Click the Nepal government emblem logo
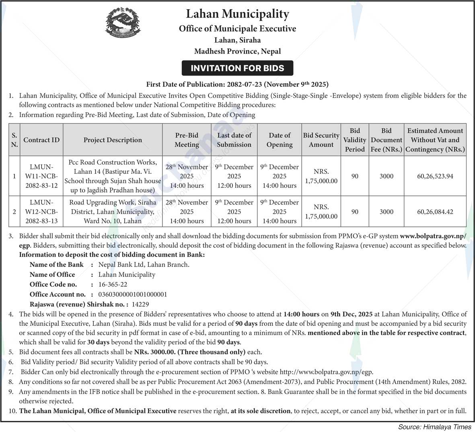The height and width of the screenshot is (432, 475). tap(123, 23)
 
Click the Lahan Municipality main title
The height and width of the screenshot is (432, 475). tap(237, 14)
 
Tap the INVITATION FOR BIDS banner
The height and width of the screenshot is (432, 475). tap(237, 68)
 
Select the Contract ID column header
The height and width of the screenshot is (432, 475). tap(41, 140)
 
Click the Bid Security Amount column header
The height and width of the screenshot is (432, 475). tap(321, 140)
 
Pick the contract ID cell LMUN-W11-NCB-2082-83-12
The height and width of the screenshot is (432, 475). tap(41, 176)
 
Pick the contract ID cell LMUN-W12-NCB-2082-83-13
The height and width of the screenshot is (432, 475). tap(41, 212)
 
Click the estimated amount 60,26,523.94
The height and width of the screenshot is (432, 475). tap(435, 176)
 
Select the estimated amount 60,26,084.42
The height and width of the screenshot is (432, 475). tap(435, 212)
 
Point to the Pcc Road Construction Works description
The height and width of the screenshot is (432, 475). tap(113, 176)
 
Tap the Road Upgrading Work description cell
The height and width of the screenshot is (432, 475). tap(113, 212)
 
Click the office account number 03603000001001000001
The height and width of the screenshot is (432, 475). tap(133, 294)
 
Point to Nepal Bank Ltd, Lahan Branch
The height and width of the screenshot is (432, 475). tap(144, 264)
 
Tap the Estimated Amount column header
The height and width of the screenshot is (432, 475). tap(435, 140)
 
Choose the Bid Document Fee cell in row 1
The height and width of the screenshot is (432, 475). tap(387, 176)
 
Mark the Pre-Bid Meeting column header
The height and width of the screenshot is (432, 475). tap(187, 140)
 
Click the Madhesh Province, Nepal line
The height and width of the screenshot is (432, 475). tap(237, 51)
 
